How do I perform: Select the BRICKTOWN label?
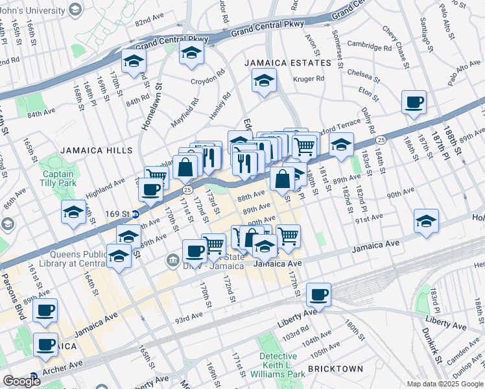tap(335, 369)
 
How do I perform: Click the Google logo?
tap(22, 381)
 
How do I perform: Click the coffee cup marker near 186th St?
tap(414, 102)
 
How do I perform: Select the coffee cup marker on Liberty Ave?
tap(318, 295)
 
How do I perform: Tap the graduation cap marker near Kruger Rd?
tap(263, 82)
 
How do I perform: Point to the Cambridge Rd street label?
tap(369, 47)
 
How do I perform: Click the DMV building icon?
tap(172, 261)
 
